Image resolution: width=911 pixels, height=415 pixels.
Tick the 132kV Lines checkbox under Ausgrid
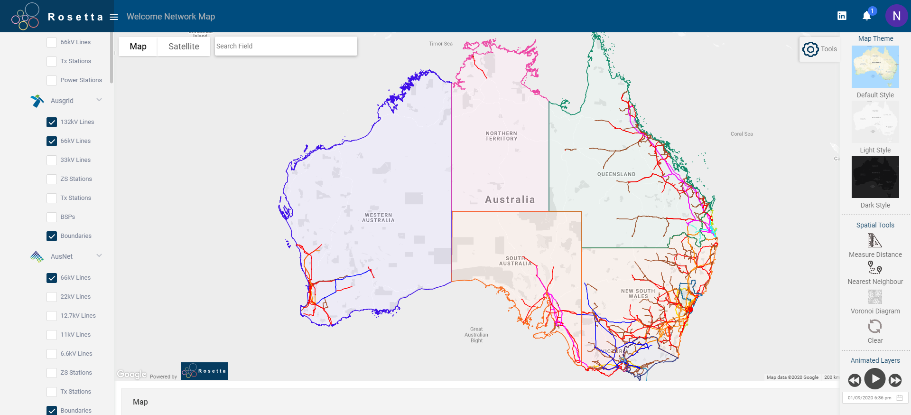pyautogui.click(x=52, y=122)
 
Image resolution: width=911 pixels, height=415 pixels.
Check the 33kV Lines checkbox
pyautogui.click(x=52, y=160)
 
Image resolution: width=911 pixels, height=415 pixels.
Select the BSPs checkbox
pyautogui.click(x=52, y=217)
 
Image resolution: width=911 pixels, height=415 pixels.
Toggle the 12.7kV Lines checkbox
pyautogui.click(x=52, y=316)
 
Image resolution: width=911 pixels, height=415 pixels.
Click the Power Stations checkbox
pyautogui.click(x=52, y=80)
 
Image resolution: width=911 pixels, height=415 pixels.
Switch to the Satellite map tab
pyautogui.click(x=184, y=47)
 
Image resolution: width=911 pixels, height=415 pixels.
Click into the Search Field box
pyautogui.click(x=286, y=46)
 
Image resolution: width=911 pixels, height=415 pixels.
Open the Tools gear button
pyautogui.click(x=810, y=49)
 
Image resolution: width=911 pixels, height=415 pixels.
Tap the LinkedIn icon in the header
pyautogui.click(x=842, y=16)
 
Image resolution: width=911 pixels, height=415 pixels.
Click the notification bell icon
pyautogui.click(x=866, y=16)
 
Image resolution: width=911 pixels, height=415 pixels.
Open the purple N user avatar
pyautogui.click(x=896, y=16)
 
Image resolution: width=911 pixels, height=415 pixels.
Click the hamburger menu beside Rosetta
pyautogui.click(x=114, y=17)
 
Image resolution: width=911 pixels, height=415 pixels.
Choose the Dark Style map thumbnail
pyautogui.click(x=875, y=177)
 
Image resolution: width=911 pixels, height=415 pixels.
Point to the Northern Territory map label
pyautogui.click(x=501, y=136)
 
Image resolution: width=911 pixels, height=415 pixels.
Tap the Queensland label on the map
pyautogui.click(x=616, y=174)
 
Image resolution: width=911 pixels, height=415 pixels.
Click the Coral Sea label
pyautogui.click(x=742, y=134)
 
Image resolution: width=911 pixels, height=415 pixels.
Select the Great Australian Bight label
pyautogui.click(x=476, y=335)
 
